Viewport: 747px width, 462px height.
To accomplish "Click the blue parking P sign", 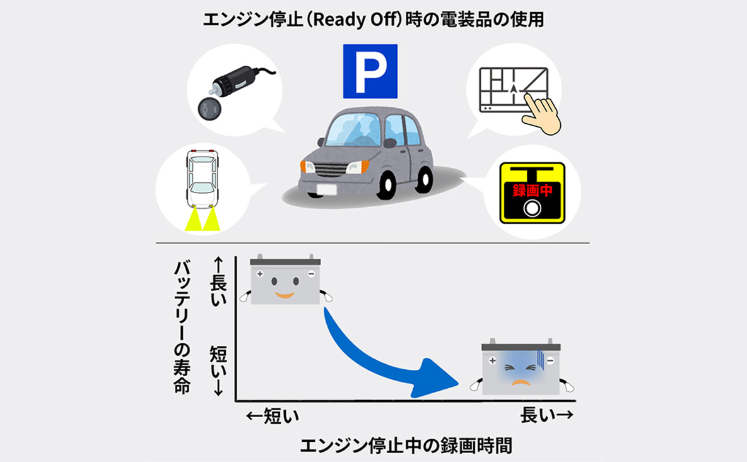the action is [x=370, y=71].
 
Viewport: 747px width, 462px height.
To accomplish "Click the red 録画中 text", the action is [x=532, y=190].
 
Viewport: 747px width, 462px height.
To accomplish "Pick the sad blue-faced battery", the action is [x=521, y=367].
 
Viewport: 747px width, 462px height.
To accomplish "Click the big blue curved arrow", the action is [x=381, y=358].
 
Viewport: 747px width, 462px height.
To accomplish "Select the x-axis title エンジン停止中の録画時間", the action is [x=406, y=446].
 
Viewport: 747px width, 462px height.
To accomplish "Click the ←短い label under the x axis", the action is [x=273, y=416].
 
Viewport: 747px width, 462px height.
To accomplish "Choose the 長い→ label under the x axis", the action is [x=546, y=415].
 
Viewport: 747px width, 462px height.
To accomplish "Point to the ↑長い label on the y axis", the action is [x=218, y=281].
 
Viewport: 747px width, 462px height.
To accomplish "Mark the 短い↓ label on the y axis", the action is [x=218, y=371].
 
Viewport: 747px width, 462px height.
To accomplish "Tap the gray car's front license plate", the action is [x=326, y=189].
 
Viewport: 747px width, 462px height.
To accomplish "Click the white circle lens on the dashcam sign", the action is [x=532, y=208].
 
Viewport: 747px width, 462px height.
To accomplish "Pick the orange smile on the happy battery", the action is [x=285, y=295].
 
